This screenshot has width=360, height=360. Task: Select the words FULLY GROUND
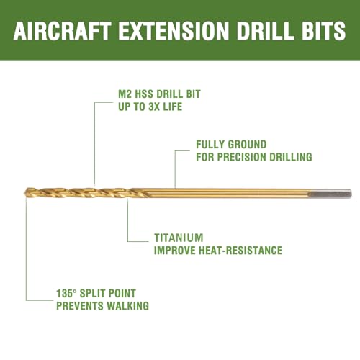click(231, 144)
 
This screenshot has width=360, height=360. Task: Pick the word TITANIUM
click(179, 238)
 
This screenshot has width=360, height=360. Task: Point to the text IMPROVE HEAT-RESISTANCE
click(218, 250)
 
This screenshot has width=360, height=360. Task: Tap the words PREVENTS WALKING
click(102, 306)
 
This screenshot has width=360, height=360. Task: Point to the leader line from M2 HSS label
click(95, 144)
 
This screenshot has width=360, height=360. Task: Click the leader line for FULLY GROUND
click(175, 169)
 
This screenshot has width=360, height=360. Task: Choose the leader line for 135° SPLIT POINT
click(27, 252)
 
